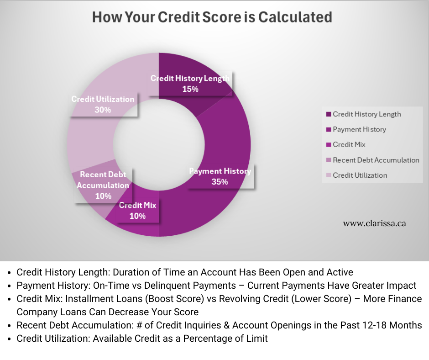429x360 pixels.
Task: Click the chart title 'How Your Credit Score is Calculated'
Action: (x=212, y=17)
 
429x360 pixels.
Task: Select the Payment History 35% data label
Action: (x=220, y=176)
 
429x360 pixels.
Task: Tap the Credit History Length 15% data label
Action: (x=190, y=84)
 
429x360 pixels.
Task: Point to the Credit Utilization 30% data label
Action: (x=103, y=104)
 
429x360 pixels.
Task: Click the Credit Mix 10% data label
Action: (x=137, y=211)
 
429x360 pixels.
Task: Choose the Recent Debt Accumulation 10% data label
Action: (x=103, y=185)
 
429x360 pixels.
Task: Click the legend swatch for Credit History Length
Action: (x=329, y=114)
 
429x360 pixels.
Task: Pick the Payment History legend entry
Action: (x=359, y=129)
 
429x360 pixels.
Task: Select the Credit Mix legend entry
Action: (x=349, y=145)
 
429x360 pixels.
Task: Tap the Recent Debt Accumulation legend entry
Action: (x=376, y=160)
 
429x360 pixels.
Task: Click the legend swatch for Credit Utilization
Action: (x=329, y=175)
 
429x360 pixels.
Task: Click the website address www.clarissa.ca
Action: (x=374, y=224)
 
